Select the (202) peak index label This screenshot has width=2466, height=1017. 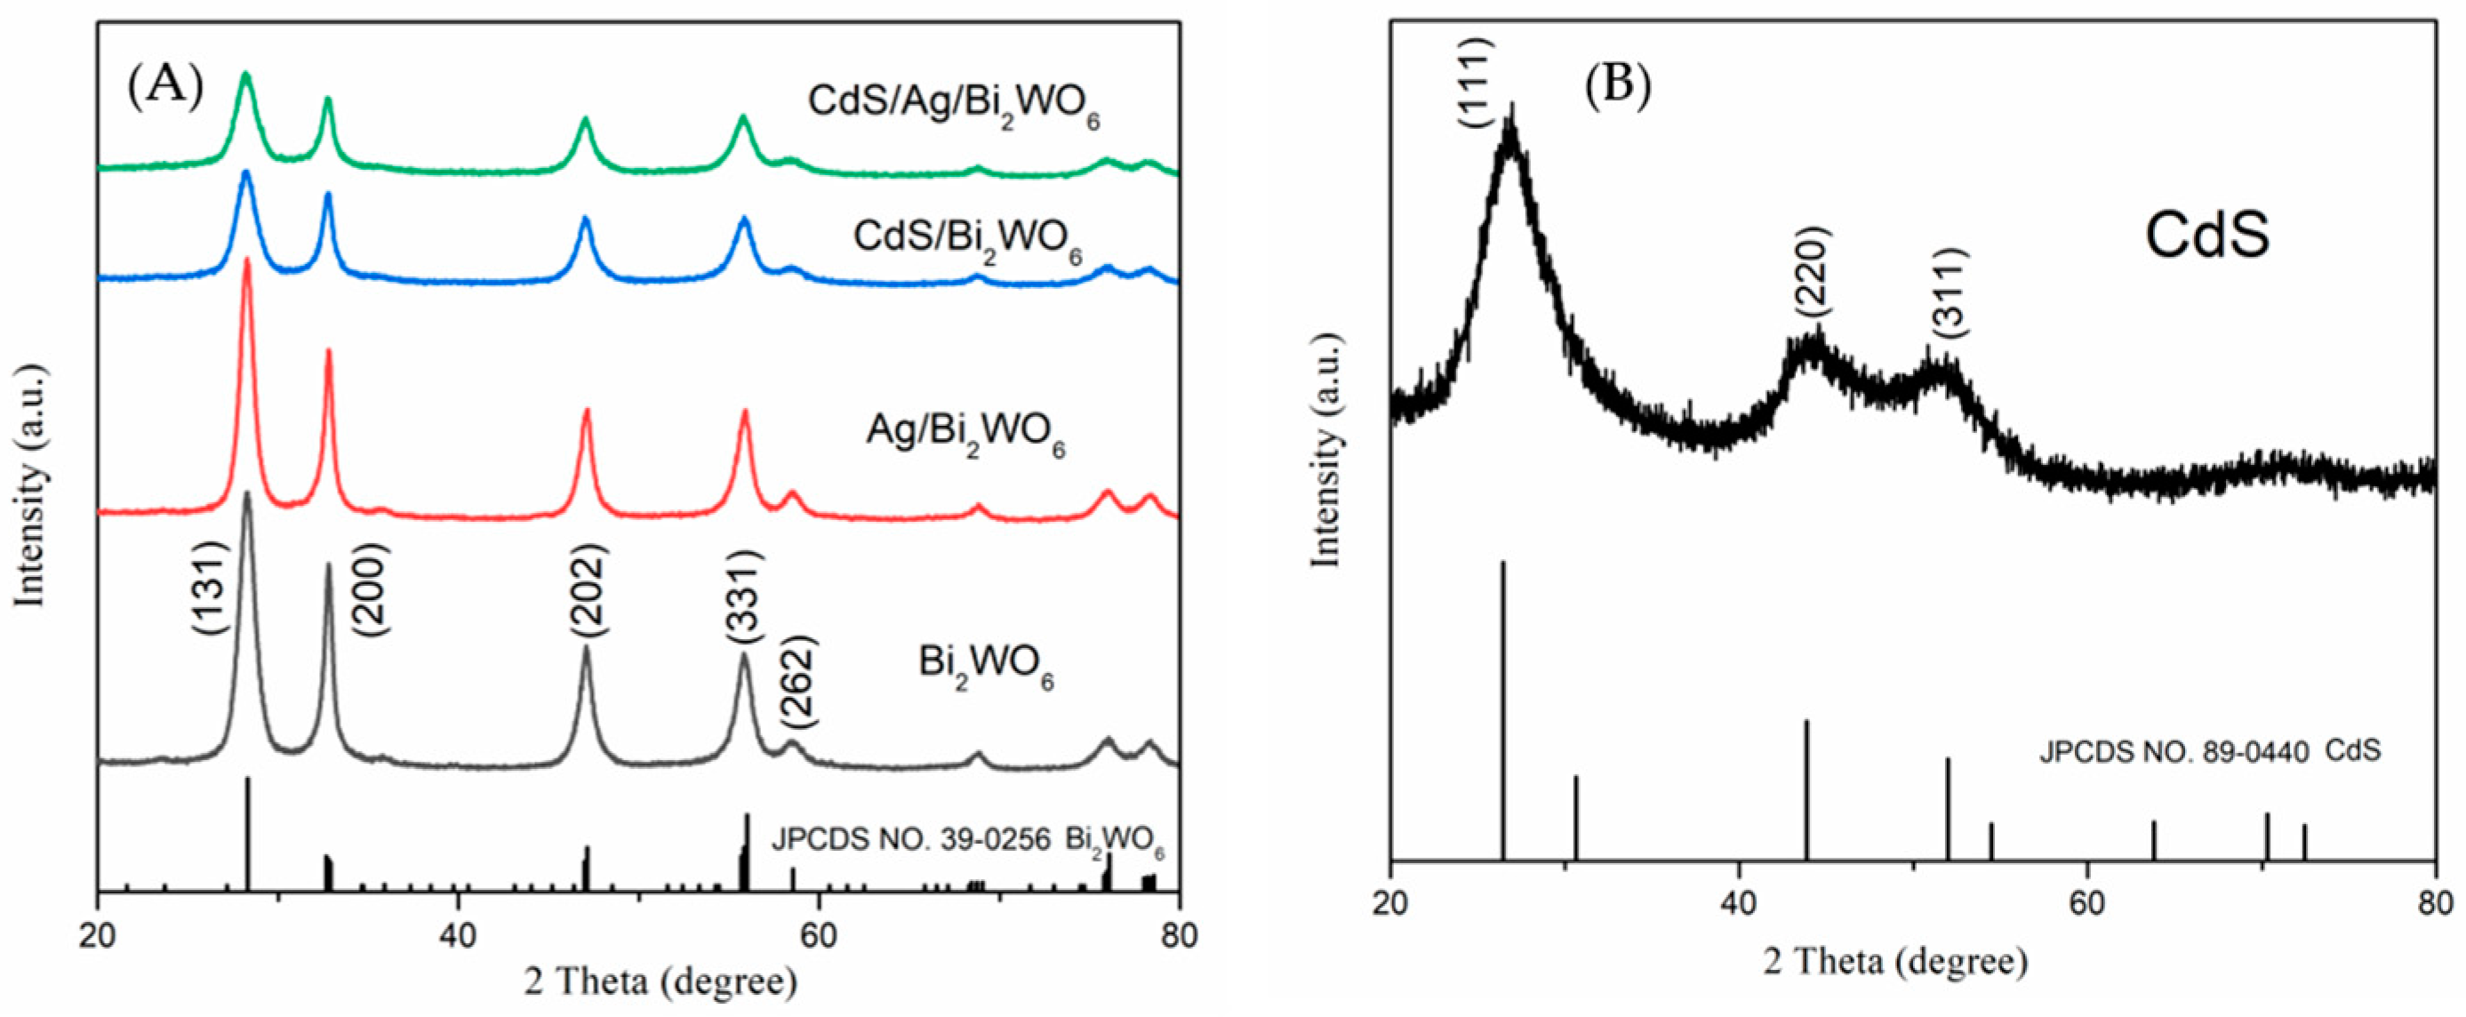(x=587, y=589)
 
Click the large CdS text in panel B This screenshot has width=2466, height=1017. (x=2206, y=236)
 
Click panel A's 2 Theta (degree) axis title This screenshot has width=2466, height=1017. (x=661, y=982)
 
